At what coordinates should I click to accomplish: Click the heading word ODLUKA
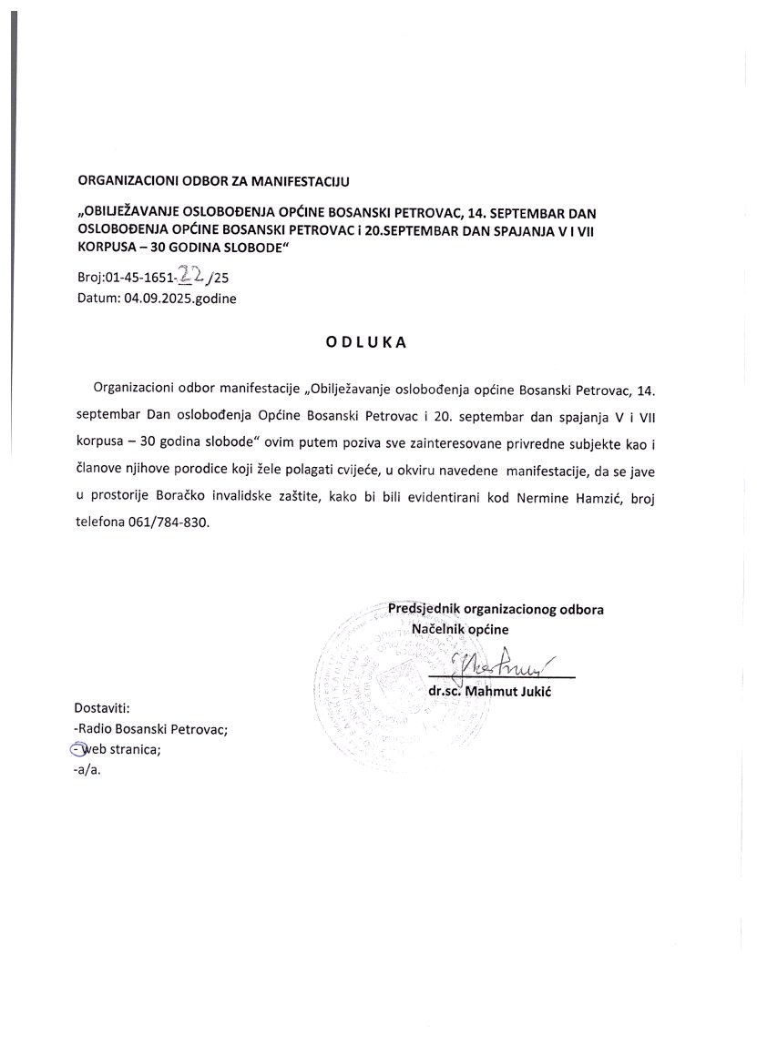(x=377, y=343)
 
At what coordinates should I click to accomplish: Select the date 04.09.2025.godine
(x=179, y=298)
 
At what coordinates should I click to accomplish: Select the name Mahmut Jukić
(x=517, y=693)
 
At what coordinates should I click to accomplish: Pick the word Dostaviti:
(x=103, y=707)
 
